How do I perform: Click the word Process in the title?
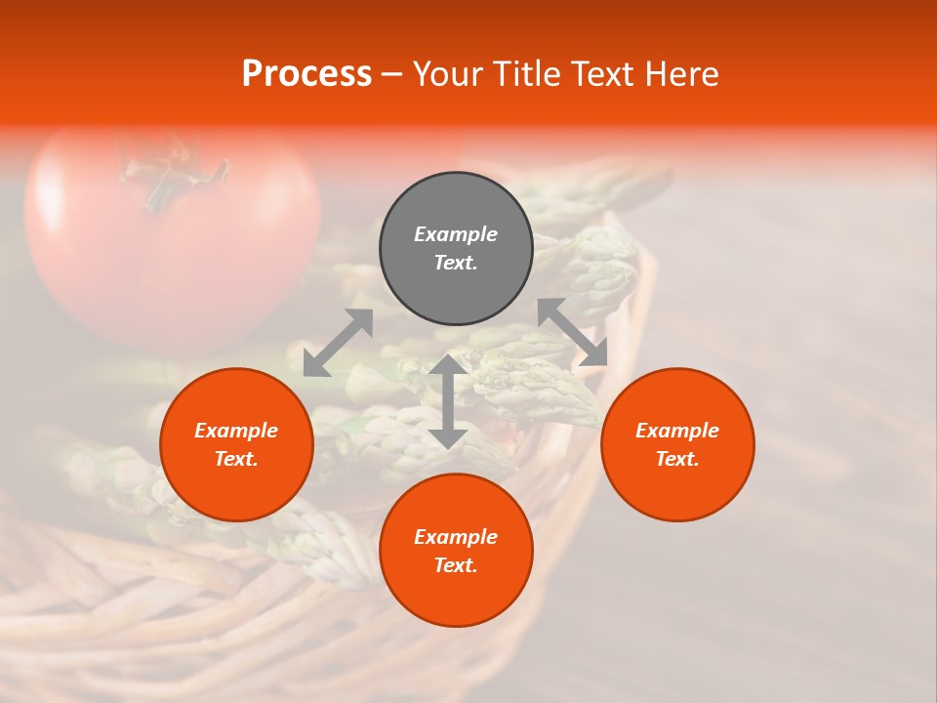pos(306,74)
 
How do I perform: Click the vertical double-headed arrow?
pos(448,401)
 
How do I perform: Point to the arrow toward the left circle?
pos(338,343)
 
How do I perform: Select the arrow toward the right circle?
pos(573,332)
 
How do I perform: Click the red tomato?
pos(176,254)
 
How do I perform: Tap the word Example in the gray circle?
pos(456,234)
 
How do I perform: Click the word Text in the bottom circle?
pos(454,566)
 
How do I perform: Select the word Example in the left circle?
pos(236,431)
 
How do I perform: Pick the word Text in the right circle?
pos(675,460)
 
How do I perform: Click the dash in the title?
pos(391,75)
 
